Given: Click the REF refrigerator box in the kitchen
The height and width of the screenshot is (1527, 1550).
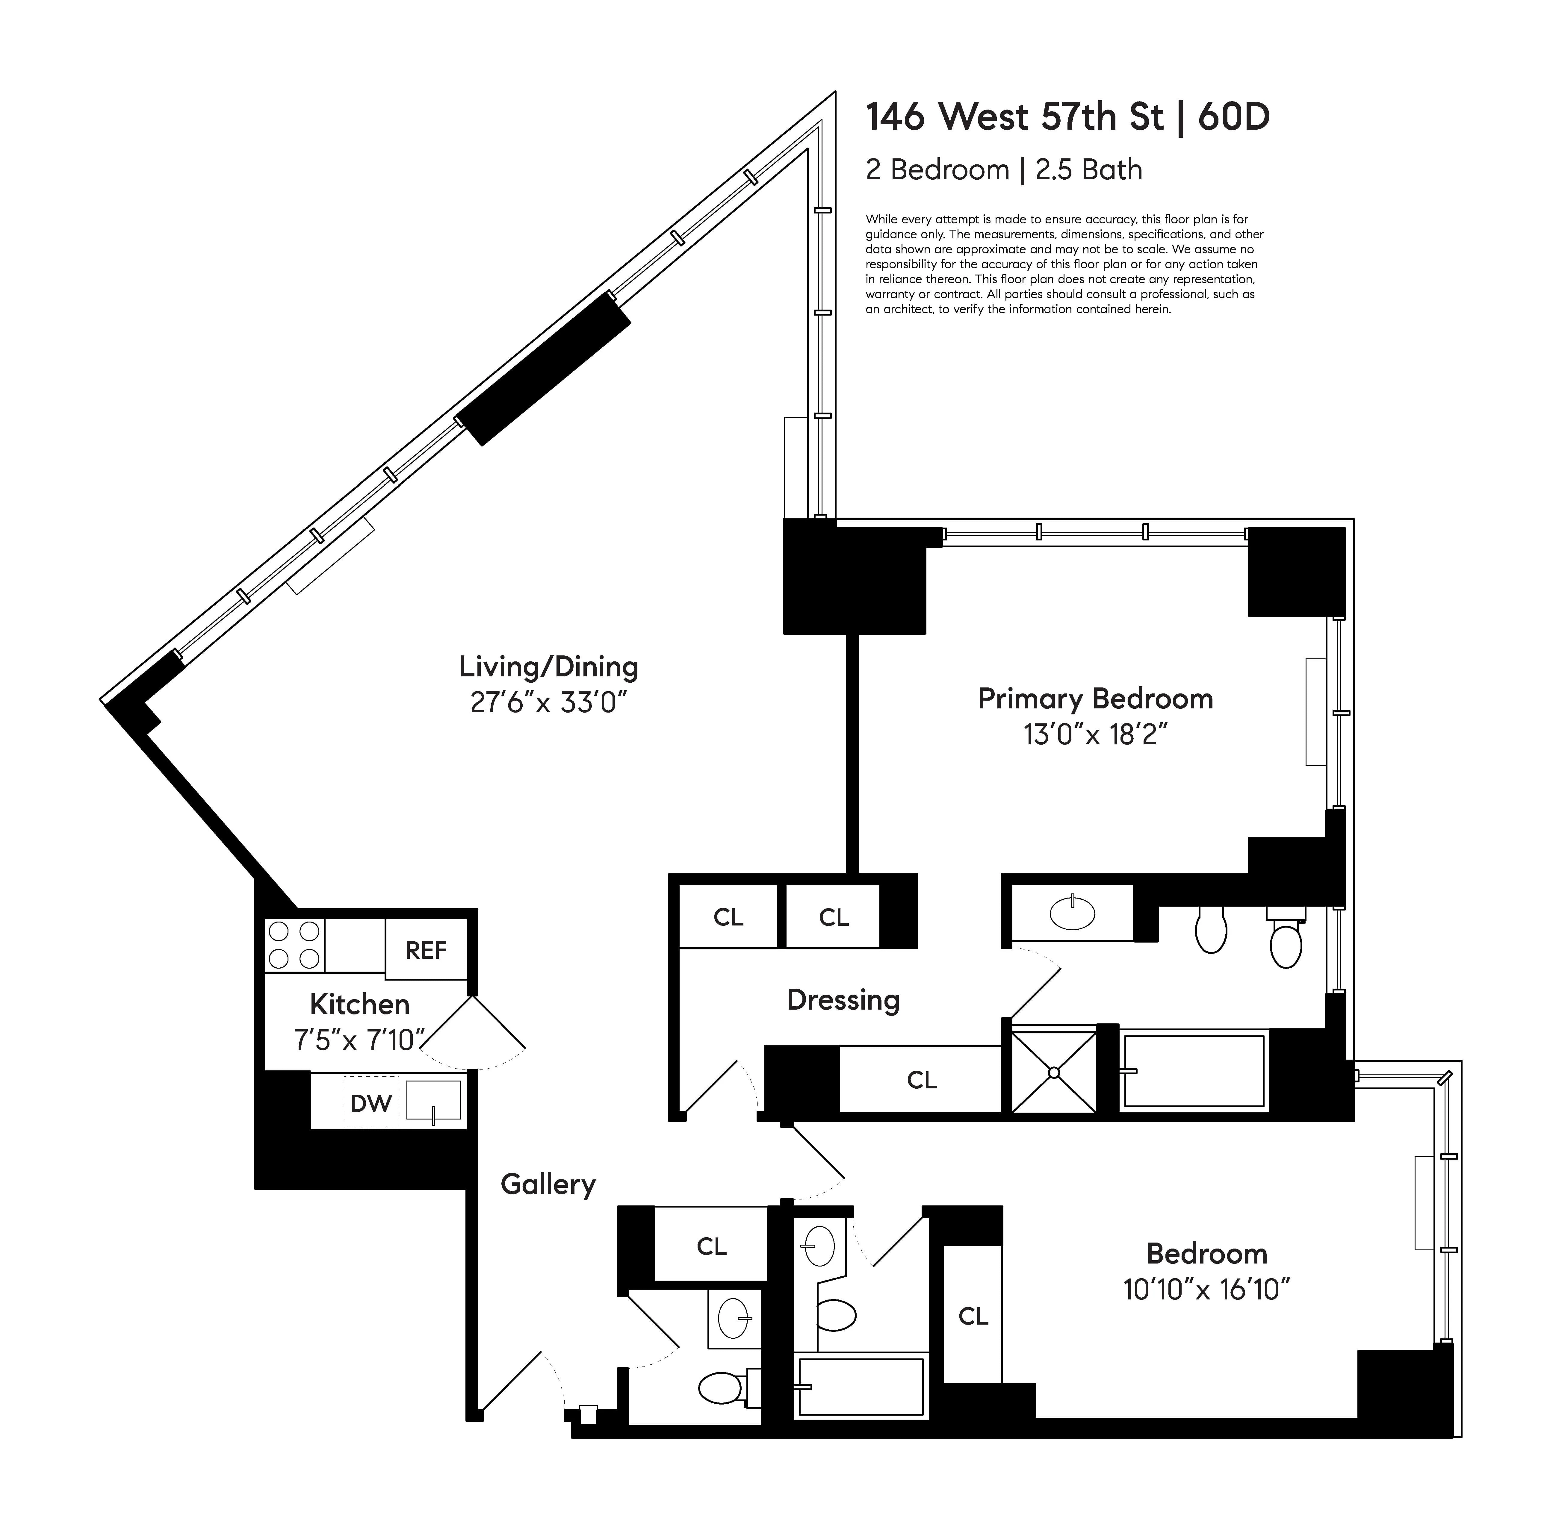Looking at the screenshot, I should point(425,950).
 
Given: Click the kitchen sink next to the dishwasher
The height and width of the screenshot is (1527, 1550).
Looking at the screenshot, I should point(433,1100).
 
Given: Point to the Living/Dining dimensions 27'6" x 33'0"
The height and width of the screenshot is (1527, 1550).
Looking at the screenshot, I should point(548,702).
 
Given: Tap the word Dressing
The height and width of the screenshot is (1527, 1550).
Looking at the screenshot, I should point(843,1000).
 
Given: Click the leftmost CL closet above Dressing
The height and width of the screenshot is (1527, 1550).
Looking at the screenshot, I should point(728,917).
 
